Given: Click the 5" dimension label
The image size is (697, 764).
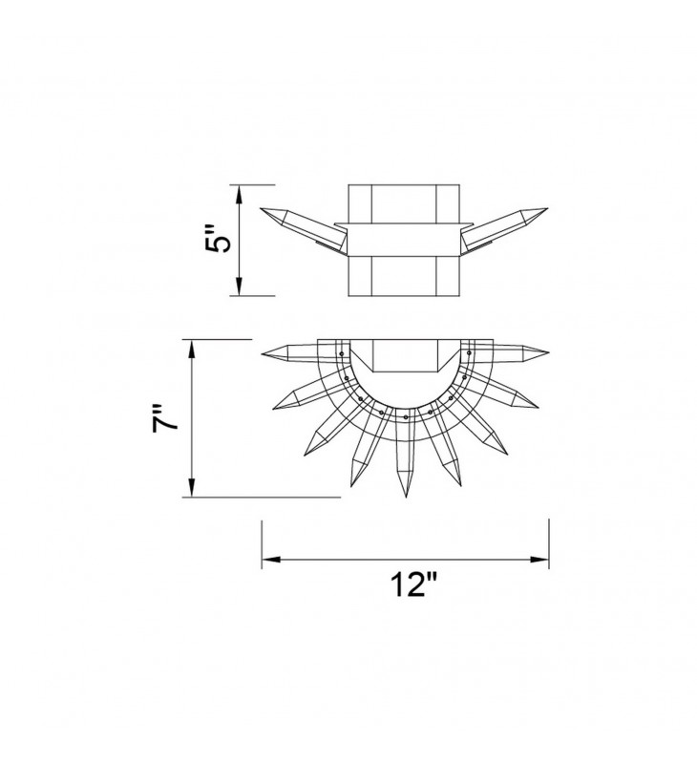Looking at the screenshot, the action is pyautogui.click(x=217, y=240).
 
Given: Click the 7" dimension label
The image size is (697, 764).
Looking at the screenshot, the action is pyautogui.click(x=164, y=417).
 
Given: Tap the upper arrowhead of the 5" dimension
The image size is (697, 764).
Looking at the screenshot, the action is pyautogui.click(x=239, y=195).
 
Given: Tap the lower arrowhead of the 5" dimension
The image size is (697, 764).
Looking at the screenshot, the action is pyautogui.click(x=239, y=286).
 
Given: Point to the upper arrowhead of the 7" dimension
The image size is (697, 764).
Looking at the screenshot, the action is pyautogui.click(x=192, y=350).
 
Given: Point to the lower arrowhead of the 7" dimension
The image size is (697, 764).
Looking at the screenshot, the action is pyautogui.click(x=192, y=487).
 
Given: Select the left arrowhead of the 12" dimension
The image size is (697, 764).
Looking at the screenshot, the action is pyautogui.click(x=272, y=560).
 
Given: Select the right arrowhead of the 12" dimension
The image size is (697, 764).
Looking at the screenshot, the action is pyautogui.click(x=539, y=560).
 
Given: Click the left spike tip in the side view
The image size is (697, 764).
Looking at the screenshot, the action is pyautogui.click(x=261, y=208).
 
